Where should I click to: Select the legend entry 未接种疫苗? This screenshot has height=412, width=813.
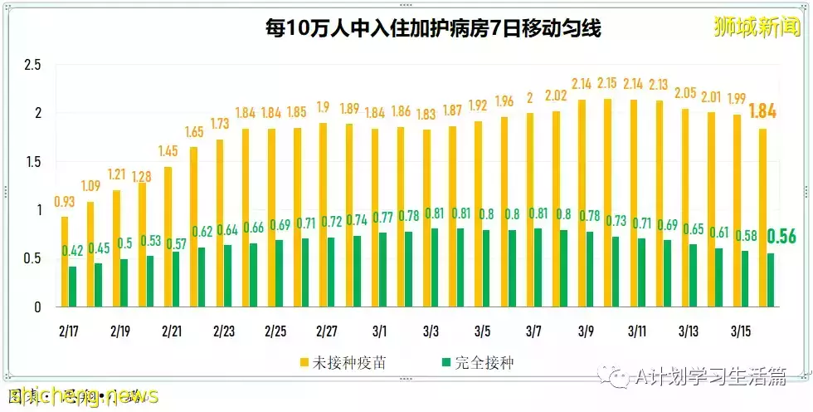(344, 362)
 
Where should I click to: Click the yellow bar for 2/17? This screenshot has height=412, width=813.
(65, 262)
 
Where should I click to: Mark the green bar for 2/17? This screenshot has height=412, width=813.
(73, 287)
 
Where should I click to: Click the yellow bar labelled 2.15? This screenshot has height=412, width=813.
(607, 204)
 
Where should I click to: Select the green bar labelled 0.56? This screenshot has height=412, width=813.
(771, 280)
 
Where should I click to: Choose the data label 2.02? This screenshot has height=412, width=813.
(556, 96)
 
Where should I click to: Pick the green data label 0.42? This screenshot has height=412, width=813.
(73, 251)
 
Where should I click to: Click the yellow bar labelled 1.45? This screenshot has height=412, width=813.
(168, 237)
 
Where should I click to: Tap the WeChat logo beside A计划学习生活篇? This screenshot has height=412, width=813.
(618, 379)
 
